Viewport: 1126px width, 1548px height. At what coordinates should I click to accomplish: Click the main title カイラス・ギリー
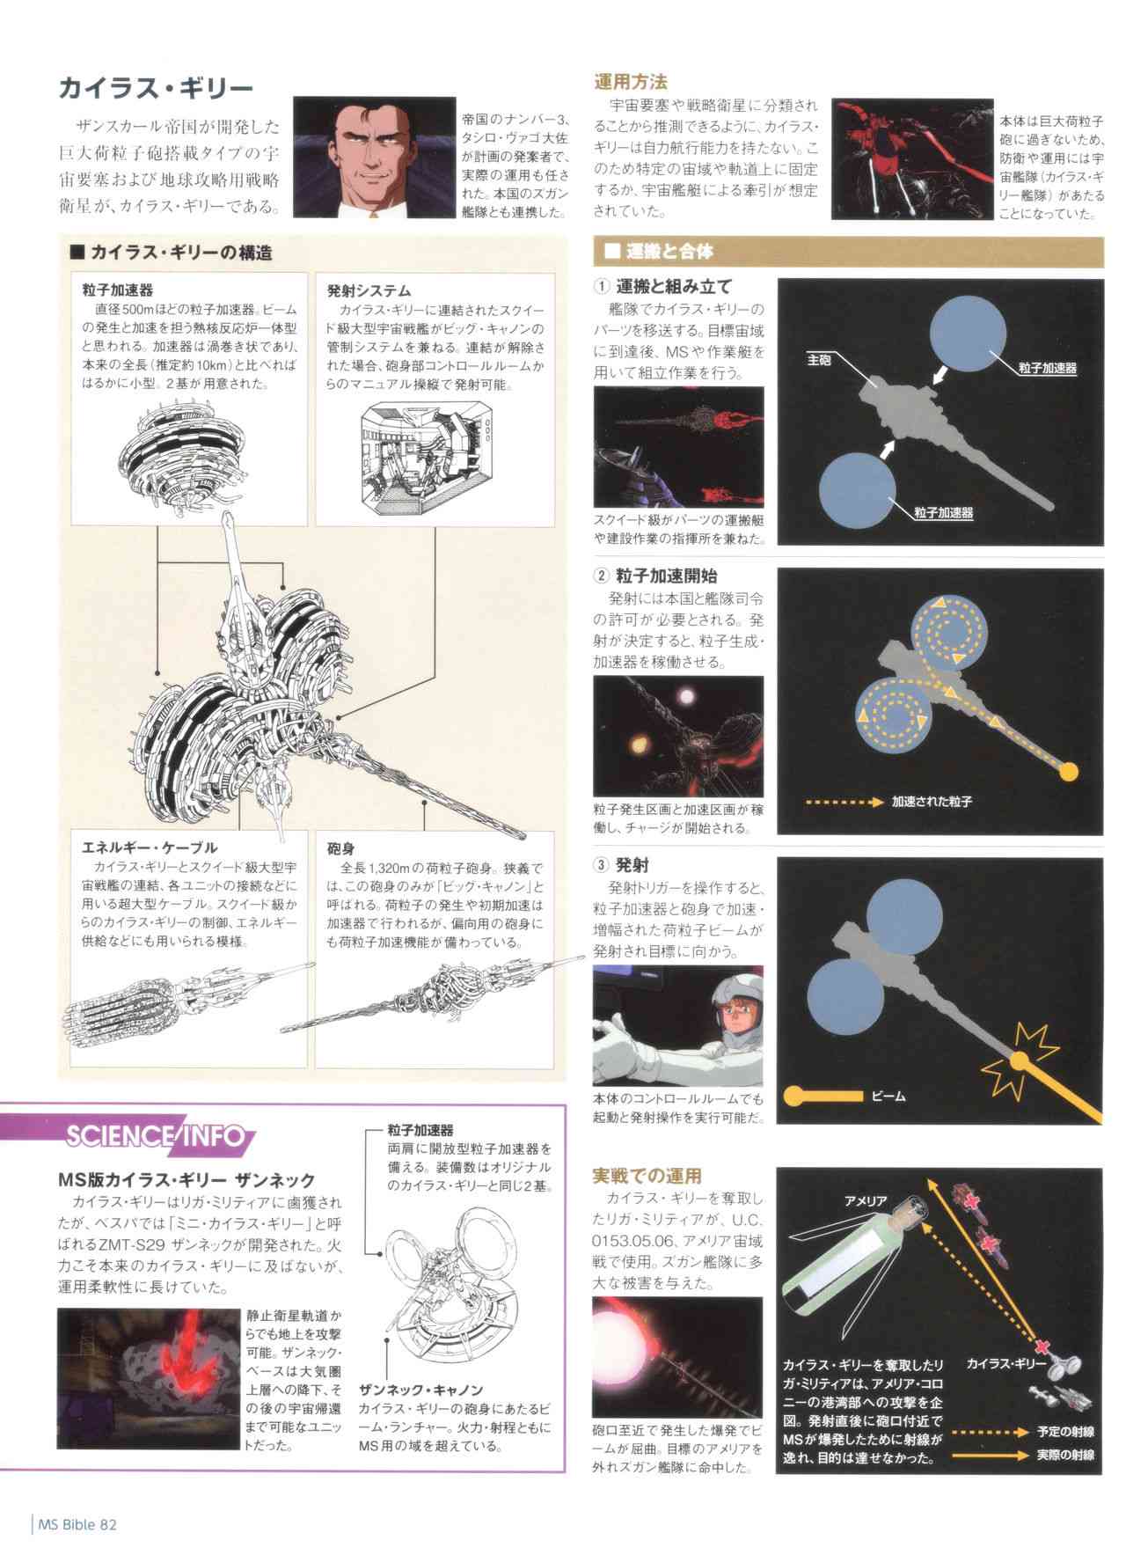click(156, 88)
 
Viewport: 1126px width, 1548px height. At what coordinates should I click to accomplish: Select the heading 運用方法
click(631, 82)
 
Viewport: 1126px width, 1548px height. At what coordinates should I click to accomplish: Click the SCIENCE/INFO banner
click(155, 1136)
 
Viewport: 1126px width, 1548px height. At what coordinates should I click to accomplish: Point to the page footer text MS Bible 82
click(77, 1523)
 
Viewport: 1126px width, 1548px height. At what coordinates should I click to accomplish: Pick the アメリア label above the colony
click(866, 1201)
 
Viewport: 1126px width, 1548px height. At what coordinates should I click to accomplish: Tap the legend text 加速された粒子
click(932, 802)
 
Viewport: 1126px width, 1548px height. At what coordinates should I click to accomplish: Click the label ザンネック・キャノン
click(420, 1390)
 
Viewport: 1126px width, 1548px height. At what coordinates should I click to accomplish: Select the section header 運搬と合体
click(668, 252)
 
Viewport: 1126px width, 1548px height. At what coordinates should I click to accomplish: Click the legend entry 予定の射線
click(1064, 1432)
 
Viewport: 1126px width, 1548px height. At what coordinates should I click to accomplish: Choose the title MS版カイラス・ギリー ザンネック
click(186, 1179)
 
